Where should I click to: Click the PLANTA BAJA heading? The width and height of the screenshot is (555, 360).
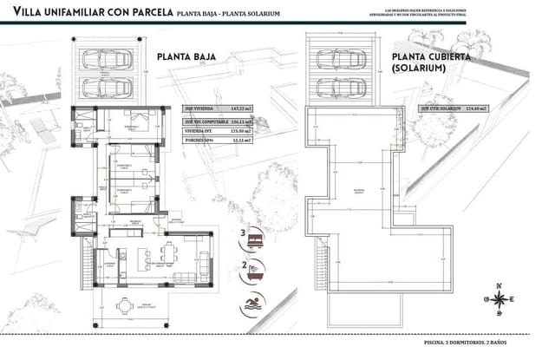(186, 58)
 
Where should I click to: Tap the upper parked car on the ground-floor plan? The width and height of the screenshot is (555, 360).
(108, 60)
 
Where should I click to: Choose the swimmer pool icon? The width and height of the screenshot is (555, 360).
(255, 301)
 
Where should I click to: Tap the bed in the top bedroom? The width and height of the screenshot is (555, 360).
(138, 121)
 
